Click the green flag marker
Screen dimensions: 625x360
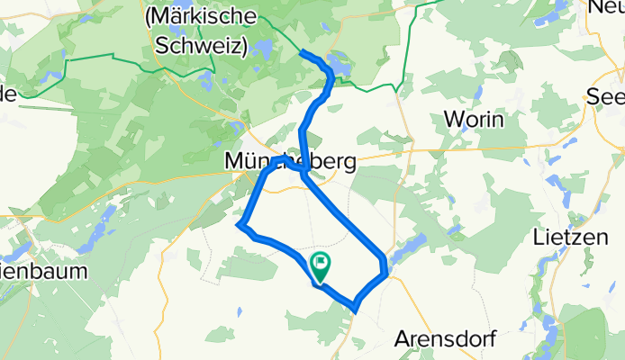[320, 265]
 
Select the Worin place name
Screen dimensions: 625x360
[474, 119]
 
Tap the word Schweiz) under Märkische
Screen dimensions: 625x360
[200, 48]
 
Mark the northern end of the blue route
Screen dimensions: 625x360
[301, 54]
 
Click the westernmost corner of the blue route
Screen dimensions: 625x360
[240, 223]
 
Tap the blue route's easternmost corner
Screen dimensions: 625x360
[386, 270]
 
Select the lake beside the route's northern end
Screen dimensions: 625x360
[340, 65]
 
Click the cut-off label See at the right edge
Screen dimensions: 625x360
[604, 96]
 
